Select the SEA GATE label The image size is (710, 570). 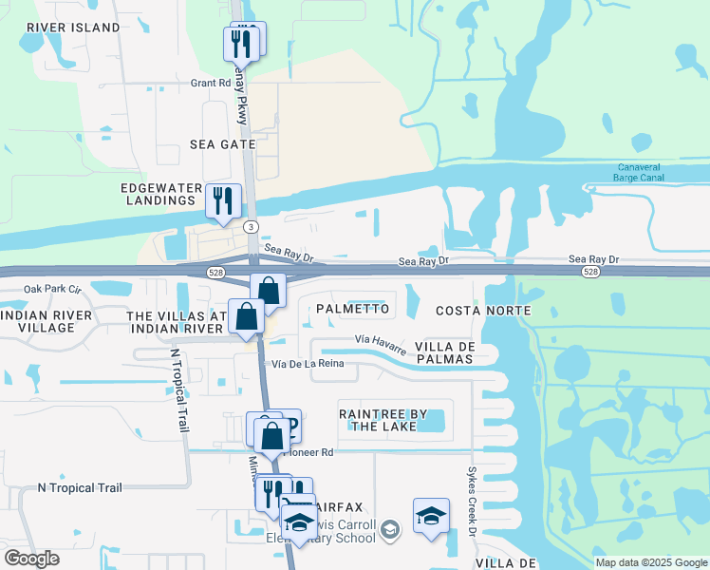coord(223,144)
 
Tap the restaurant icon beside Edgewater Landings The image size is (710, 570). coord(222,201)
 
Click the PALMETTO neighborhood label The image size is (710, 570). coord(352,309)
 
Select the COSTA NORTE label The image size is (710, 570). coord(482,311)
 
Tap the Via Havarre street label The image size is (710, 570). coord(381,340)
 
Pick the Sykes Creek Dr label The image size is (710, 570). coord(470,495)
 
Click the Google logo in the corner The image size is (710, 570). coord(31,559)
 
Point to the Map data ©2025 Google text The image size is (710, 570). coord(650,562)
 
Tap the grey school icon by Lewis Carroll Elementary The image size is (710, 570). coord(389,529)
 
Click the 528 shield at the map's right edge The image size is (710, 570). coord(590,272)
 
